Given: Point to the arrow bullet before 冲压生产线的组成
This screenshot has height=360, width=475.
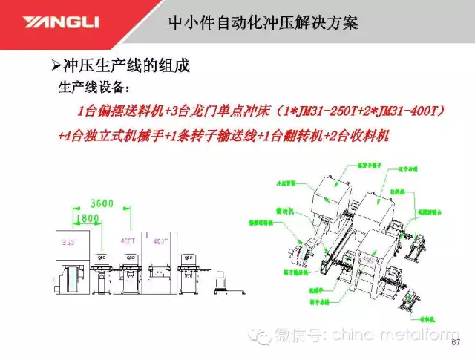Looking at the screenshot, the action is click(65, 65).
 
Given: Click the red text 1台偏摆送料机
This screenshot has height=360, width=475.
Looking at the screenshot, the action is click(115, 111).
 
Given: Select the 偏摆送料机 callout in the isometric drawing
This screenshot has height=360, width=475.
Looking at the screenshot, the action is click(261, 222).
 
